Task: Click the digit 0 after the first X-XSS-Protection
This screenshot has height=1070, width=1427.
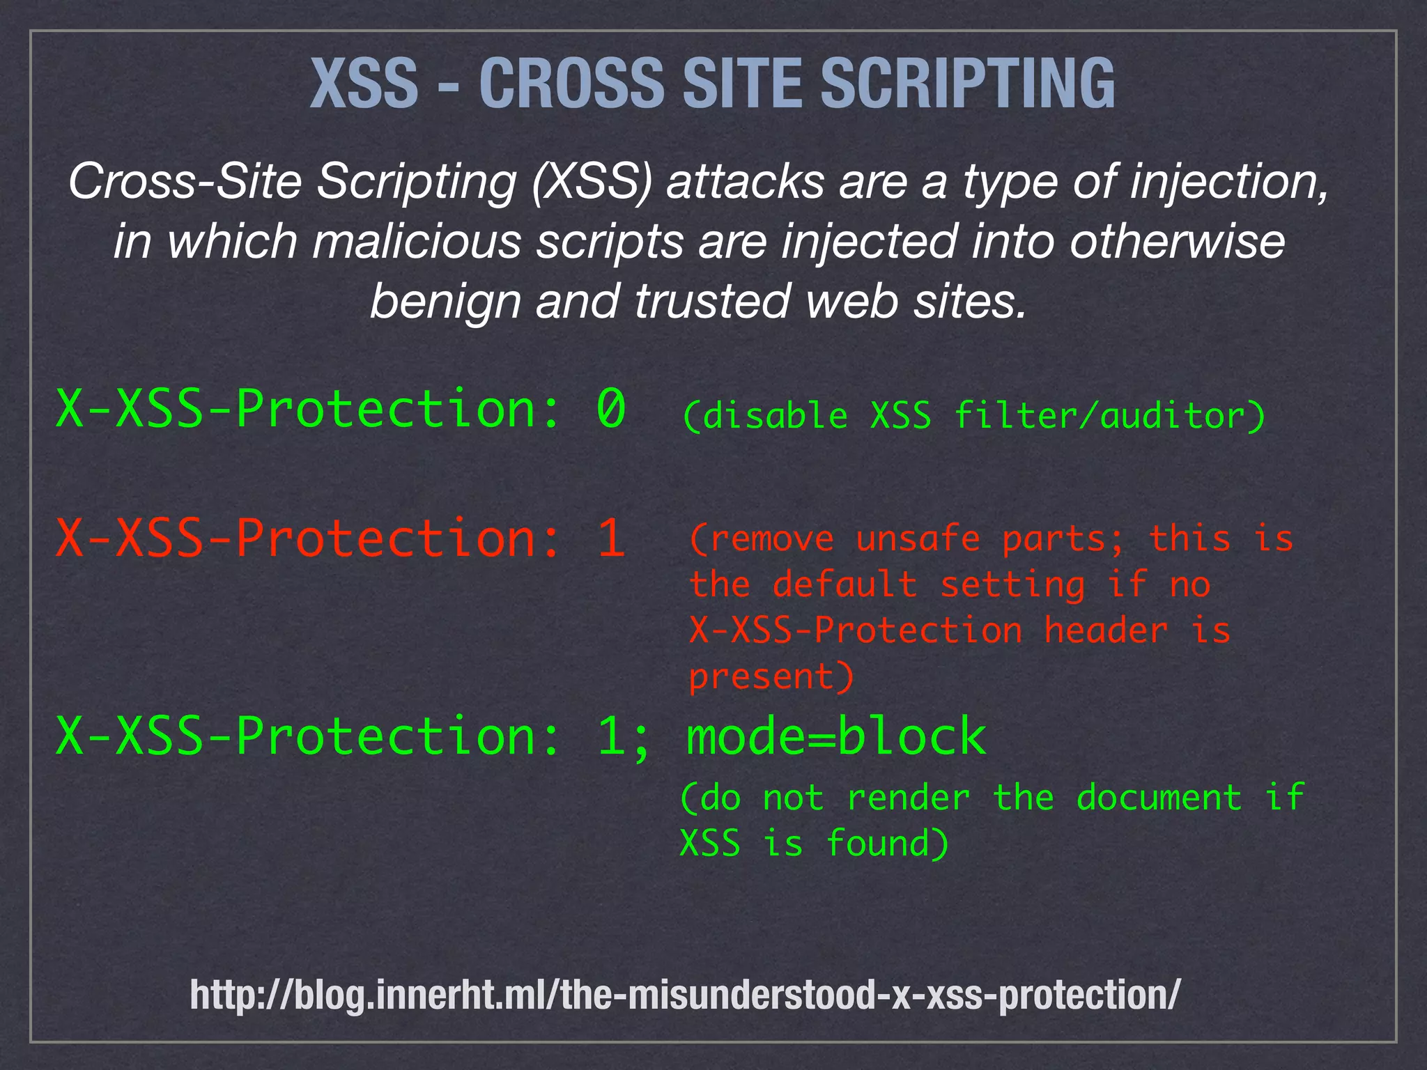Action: point(611,409)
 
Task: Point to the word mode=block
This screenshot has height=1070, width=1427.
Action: point(836,736)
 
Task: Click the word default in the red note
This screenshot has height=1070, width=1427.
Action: point(844,584)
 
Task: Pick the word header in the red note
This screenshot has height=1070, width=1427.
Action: point(1106,630)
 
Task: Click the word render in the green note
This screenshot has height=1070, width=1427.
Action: point(908,798)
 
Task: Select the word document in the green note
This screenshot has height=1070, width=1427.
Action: point(1159,798)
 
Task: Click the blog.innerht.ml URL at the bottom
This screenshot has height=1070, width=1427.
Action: point(685,994)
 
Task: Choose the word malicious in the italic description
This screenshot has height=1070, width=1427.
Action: point(416,242)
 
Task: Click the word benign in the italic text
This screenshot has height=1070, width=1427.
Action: point(445,302)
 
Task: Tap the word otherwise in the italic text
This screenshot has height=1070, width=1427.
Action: point(1177,242)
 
